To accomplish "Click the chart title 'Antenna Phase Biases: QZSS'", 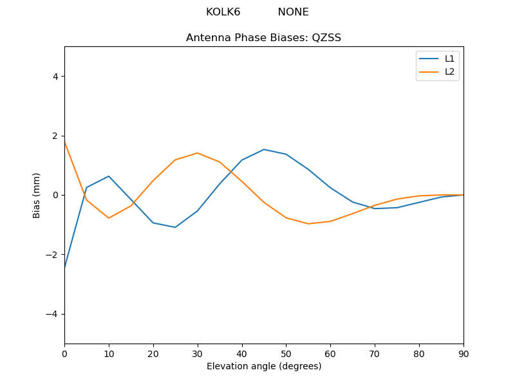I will tap(263, 37).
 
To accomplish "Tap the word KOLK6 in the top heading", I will tap(223, 12).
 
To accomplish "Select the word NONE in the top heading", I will tap(293, 12).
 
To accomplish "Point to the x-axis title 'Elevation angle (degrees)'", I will tap(264, 367).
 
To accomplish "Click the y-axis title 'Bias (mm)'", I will tap(37, 195).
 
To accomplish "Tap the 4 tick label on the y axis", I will tap(55, 76).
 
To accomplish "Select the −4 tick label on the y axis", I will tap(53, 314).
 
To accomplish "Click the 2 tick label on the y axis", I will tap(55, 136).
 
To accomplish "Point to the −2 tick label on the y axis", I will tap(53, 255).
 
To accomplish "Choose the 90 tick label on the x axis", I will tap(464, 353).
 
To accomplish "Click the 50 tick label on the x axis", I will tap(286, 353).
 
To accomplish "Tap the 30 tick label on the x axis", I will tap(198, 353).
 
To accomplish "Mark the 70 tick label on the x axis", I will tap(375, 353).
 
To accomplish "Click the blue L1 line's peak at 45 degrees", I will tap(264, 149).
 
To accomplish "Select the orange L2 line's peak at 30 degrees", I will tap(198, 153).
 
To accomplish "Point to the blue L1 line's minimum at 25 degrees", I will tap(175, 227).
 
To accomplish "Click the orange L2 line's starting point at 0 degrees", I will tap(65, 142).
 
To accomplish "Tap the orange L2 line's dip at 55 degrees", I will tap(308, 224).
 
